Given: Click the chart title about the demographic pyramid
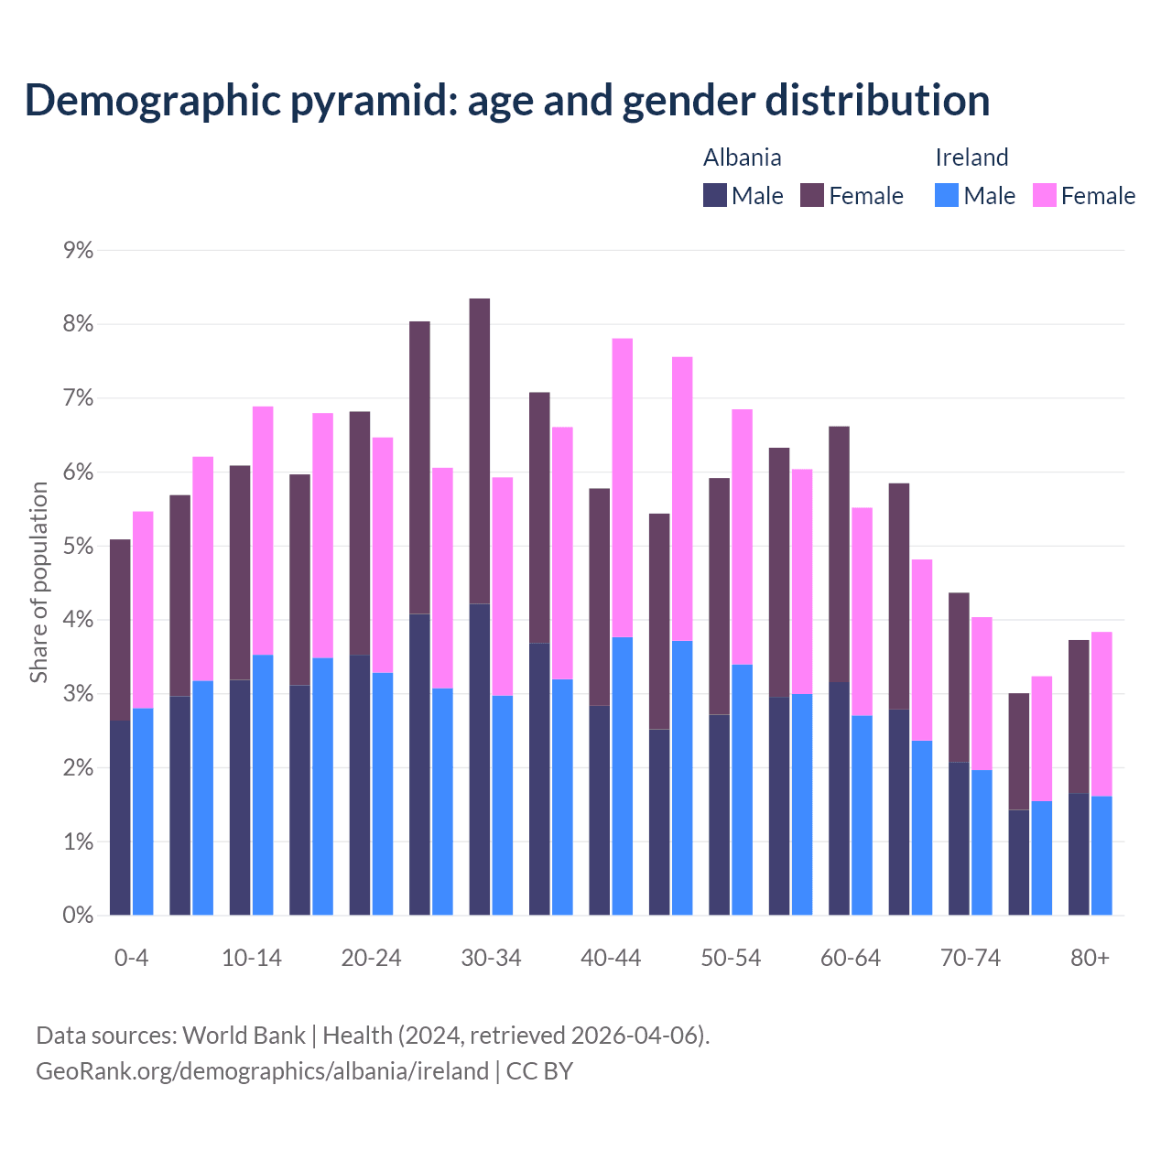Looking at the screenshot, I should tap(506, 100).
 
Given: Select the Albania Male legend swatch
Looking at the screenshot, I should tap(715, 195).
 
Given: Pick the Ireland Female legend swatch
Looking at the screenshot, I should tap(1045, 195).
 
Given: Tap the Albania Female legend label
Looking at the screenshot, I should tap(865, 196).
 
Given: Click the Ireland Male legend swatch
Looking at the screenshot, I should tap(947, 195).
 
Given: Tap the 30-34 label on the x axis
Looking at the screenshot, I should tap(491, 958).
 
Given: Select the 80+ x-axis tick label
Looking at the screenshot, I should tap(1090, 958).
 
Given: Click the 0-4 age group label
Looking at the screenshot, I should tap(131, 958).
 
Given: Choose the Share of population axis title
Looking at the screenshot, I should tap(38, 582).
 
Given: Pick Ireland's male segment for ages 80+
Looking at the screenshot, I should tap(1101, 855).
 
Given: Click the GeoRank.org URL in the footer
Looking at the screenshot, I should tap(262, 1070).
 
